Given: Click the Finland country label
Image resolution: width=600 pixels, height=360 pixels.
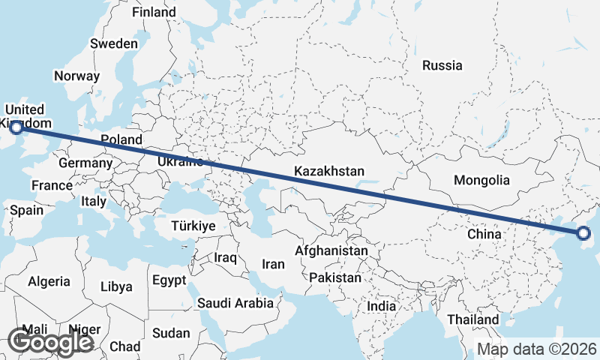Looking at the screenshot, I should (x=154, y=12).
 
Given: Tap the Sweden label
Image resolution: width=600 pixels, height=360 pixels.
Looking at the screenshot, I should (x=114, y=43).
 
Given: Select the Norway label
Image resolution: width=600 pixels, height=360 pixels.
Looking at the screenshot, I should (x=76, y=76).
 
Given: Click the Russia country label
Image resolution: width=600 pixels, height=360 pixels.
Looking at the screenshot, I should (x=442, y=65).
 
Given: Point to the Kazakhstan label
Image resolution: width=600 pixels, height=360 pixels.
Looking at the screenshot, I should (x=329, y=171).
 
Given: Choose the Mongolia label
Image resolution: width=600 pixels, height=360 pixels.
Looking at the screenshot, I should (x=481, y=180).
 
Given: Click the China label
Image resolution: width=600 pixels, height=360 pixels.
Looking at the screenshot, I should (x=484, y=234).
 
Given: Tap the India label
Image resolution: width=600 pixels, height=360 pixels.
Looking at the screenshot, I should (x=381, y=306).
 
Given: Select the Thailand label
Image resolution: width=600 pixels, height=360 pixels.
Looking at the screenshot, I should (x=472, y=319).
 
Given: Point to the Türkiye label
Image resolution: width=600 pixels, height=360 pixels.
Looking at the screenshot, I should (x=193, y=226).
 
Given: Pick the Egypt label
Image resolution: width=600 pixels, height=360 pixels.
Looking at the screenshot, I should (x=168, y=280).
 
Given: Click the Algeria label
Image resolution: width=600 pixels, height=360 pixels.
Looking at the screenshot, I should (x=49, y=282).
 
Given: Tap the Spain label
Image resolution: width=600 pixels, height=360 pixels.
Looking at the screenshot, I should (x=27, y=211).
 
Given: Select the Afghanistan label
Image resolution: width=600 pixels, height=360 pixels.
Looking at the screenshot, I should (x=331, y=250).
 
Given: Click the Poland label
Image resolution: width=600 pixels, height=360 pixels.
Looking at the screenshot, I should (x=121, y=139).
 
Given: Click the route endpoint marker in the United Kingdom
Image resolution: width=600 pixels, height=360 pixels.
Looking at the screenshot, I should (x=16, y=128).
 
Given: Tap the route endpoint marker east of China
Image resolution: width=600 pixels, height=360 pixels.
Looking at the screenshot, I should (x=585, y=234).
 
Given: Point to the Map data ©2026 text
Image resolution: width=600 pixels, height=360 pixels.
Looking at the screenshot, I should (x=537, y=349).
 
